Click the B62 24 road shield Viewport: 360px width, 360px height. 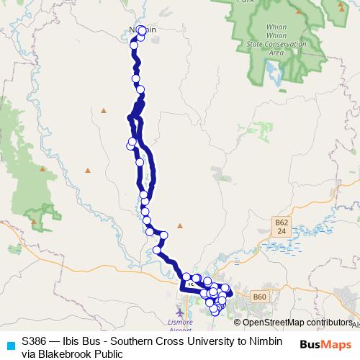(x=282, y=228)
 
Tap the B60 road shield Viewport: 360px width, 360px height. (x=259, y=296)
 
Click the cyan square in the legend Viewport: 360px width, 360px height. (x=10, y=345)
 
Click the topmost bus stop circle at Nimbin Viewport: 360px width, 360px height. (x=143, y=30)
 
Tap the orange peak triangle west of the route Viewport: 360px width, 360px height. (x=103, y=111)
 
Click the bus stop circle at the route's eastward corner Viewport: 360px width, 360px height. (x=164, y=235)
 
